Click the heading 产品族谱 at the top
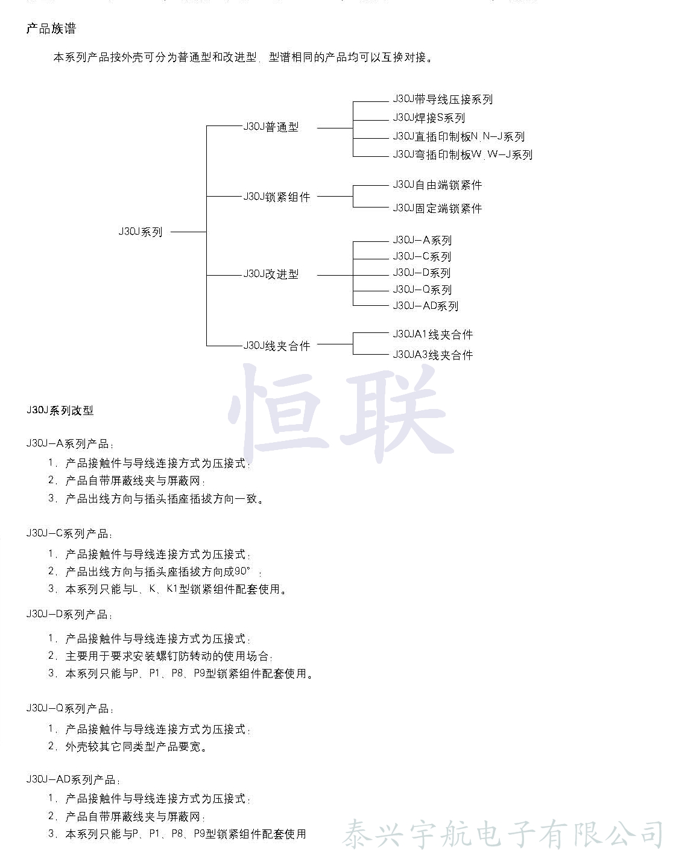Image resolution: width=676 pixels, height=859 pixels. [51, 29]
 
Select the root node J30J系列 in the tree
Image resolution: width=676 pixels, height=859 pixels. [141, 232]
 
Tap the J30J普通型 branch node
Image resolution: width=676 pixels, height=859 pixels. [271, 127]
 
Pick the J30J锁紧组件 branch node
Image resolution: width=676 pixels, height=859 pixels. [277, 197]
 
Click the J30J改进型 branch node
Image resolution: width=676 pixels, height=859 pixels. [271, 274]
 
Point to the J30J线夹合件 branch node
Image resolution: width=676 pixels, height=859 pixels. [277, 346]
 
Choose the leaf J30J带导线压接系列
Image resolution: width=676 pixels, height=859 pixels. [443, 100]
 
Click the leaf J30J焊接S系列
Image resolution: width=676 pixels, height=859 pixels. [429, 118]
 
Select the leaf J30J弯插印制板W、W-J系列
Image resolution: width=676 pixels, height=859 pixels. [463, 155]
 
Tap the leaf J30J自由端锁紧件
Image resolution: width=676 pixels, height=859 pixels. [437, 185]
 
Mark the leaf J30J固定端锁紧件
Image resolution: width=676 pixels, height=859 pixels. [437, 209]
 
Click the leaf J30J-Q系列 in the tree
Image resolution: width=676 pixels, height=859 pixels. [422, 290]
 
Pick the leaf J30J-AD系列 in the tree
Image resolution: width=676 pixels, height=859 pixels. [425, 306]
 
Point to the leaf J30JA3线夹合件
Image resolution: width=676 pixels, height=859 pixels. [433, 355]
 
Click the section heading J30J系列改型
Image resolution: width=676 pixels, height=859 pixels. [60, 411]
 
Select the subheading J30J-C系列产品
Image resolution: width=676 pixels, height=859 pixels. [69, 534]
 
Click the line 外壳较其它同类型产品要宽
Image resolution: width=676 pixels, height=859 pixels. [136, 747]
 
